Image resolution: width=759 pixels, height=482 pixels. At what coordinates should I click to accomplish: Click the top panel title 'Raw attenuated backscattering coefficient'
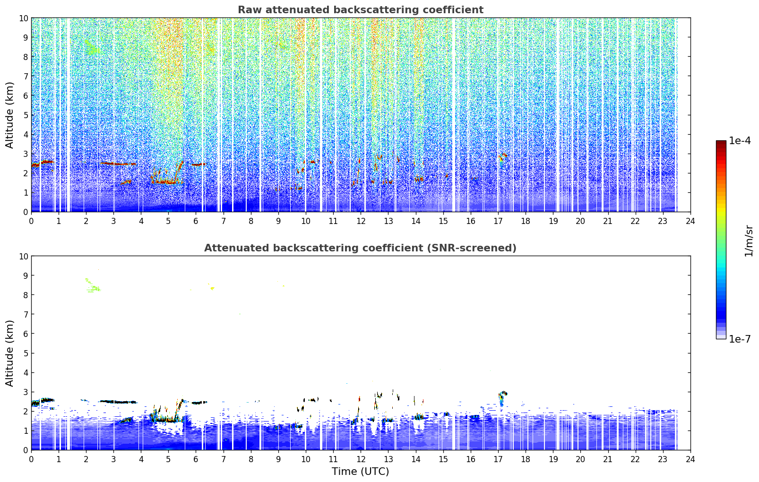361,10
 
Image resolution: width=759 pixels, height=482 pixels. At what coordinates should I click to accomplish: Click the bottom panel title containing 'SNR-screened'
360,248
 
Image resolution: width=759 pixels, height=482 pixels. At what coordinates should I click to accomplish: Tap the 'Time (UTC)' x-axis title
360,472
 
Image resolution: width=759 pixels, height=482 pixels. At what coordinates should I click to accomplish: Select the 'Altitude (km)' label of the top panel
9,115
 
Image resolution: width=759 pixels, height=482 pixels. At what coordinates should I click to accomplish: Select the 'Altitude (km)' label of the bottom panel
9,353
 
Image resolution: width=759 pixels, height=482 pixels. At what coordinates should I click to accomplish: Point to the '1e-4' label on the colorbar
740,141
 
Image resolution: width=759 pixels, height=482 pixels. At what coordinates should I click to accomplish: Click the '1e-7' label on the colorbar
740,339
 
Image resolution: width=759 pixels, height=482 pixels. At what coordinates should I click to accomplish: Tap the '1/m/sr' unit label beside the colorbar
749,241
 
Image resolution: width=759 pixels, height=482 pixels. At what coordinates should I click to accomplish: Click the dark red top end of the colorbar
721,143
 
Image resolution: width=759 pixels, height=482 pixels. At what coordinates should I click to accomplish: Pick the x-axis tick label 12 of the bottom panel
361,459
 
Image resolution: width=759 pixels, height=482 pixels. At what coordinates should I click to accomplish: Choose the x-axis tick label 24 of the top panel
690,221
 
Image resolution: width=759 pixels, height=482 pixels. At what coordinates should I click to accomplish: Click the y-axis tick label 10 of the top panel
23,18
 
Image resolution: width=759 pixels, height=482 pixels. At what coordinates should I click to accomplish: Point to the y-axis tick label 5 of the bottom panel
26,353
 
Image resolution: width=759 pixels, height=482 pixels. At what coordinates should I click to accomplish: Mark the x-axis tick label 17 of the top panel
498,221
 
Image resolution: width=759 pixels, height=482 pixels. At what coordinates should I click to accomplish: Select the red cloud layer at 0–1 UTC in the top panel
43,164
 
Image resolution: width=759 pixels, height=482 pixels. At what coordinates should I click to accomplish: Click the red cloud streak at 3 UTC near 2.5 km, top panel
119,164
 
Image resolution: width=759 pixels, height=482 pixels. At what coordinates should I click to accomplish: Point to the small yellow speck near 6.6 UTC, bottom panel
213,288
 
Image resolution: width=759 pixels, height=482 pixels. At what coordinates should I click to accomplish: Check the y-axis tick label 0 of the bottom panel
26,450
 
